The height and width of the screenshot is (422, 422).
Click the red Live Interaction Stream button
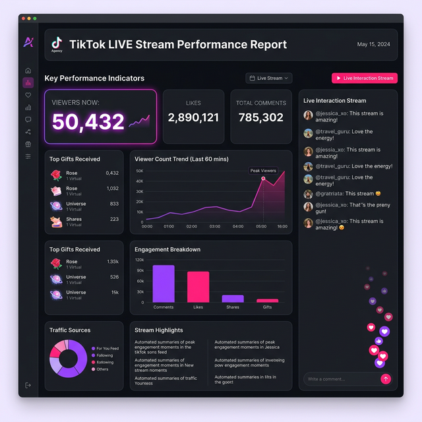point(365,78)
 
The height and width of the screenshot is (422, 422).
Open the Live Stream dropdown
point(269,78)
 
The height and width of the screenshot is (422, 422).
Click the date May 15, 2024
point(374,44)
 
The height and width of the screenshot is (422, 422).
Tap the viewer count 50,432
point(88,121)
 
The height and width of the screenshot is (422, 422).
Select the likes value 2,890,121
point(193,117)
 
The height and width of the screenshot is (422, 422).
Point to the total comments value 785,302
point(261,117)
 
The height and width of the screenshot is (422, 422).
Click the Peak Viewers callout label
point(263,171)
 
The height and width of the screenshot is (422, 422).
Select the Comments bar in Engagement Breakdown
point(164,284)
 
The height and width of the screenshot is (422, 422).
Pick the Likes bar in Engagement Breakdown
point(198,287)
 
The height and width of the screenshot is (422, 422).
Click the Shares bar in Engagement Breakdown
point(232,298)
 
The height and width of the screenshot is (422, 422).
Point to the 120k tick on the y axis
point(139,260)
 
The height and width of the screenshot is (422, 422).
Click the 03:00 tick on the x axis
point(214,226)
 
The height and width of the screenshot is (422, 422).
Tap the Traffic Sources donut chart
point(68,359)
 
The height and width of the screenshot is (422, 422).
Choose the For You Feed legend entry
point(105,348)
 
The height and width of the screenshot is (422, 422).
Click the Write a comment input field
point(340,379)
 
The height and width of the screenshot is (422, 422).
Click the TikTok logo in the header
point(57,43)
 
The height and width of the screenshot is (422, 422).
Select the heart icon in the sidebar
point(28,95)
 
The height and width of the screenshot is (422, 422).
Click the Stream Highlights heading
point(159,330)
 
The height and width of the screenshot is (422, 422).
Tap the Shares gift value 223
point(114,220)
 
